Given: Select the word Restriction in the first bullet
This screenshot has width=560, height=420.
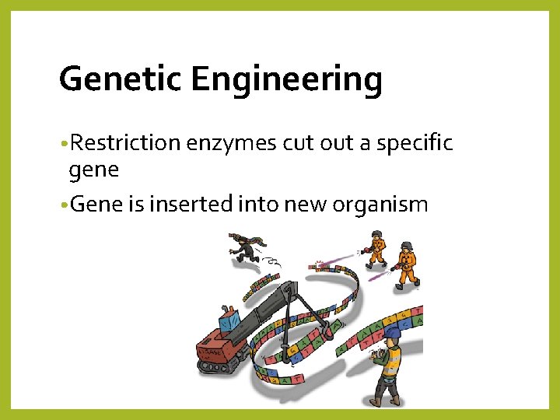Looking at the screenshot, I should [x=124, y=143].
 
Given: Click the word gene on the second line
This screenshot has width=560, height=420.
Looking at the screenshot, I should [x=93, y=170].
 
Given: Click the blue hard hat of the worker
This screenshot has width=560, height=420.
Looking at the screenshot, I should [x=393, y=333].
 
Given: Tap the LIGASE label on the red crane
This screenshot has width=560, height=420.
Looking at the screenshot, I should [x=210, y=352].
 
